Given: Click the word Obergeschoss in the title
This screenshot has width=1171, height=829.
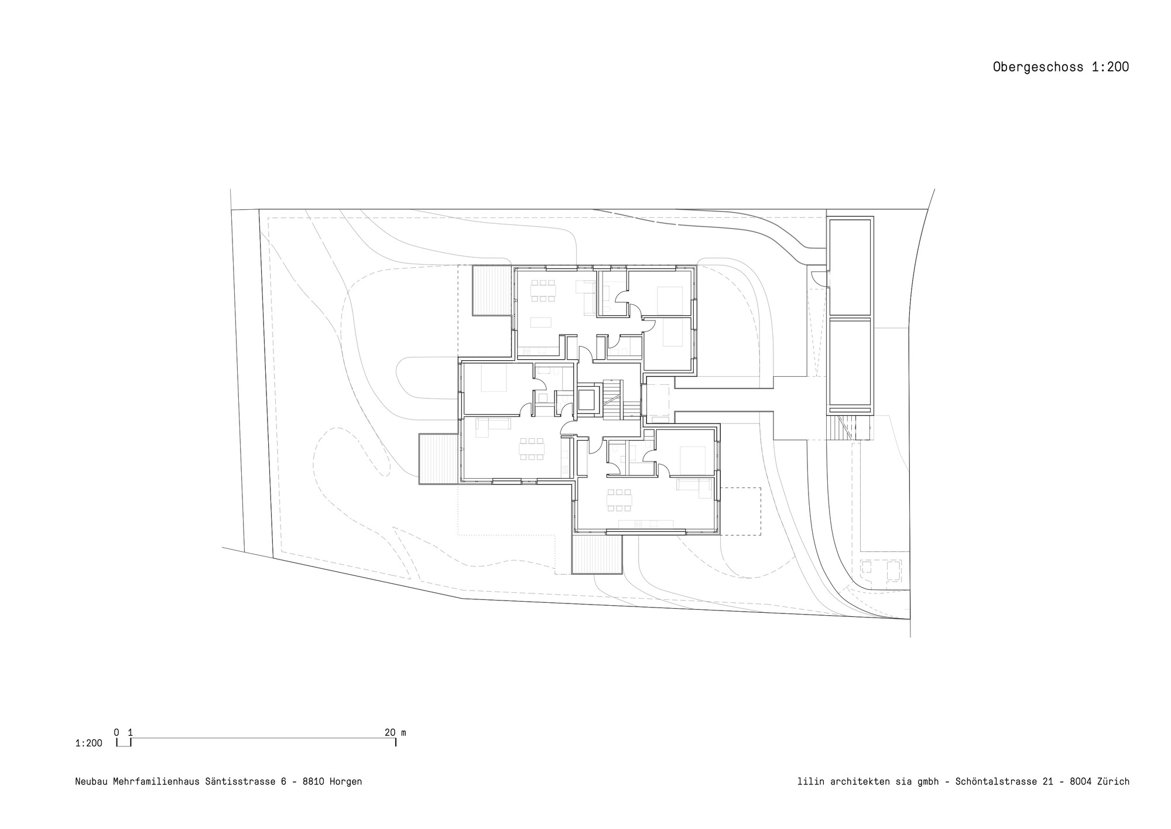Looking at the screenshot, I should [x=1039, y=67].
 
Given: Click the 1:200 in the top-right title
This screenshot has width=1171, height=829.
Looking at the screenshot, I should [x=1110, y=67].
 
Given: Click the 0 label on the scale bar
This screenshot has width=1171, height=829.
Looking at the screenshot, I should [x=117, y=732].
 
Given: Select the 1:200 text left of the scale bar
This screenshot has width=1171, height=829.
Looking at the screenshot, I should [x=88, y=743].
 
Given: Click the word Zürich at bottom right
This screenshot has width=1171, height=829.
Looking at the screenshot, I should [x=1113, y=782].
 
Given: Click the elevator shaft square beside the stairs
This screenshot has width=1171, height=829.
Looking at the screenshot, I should [x=587, y=400].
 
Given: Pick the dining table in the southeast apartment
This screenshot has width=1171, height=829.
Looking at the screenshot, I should [x=619, y=500].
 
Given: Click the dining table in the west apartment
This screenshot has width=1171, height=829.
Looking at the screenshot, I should [x=532, y=449].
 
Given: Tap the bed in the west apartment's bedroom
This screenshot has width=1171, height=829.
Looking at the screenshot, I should [x=494, y=379].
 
